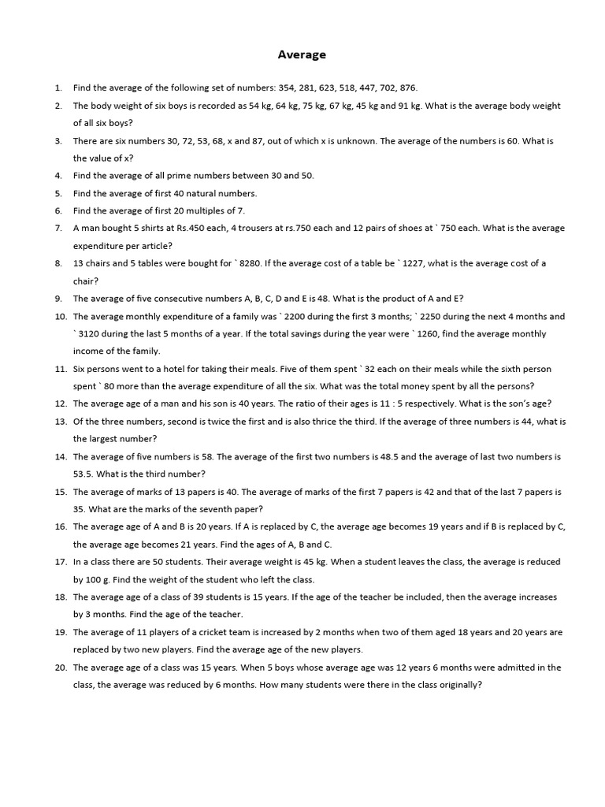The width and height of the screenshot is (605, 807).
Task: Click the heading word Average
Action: (302, 55)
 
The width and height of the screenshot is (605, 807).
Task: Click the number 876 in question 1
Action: (407, 88)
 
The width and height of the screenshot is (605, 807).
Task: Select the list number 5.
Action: (58, 193)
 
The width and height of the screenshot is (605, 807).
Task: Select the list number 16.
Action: (61, 526)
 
